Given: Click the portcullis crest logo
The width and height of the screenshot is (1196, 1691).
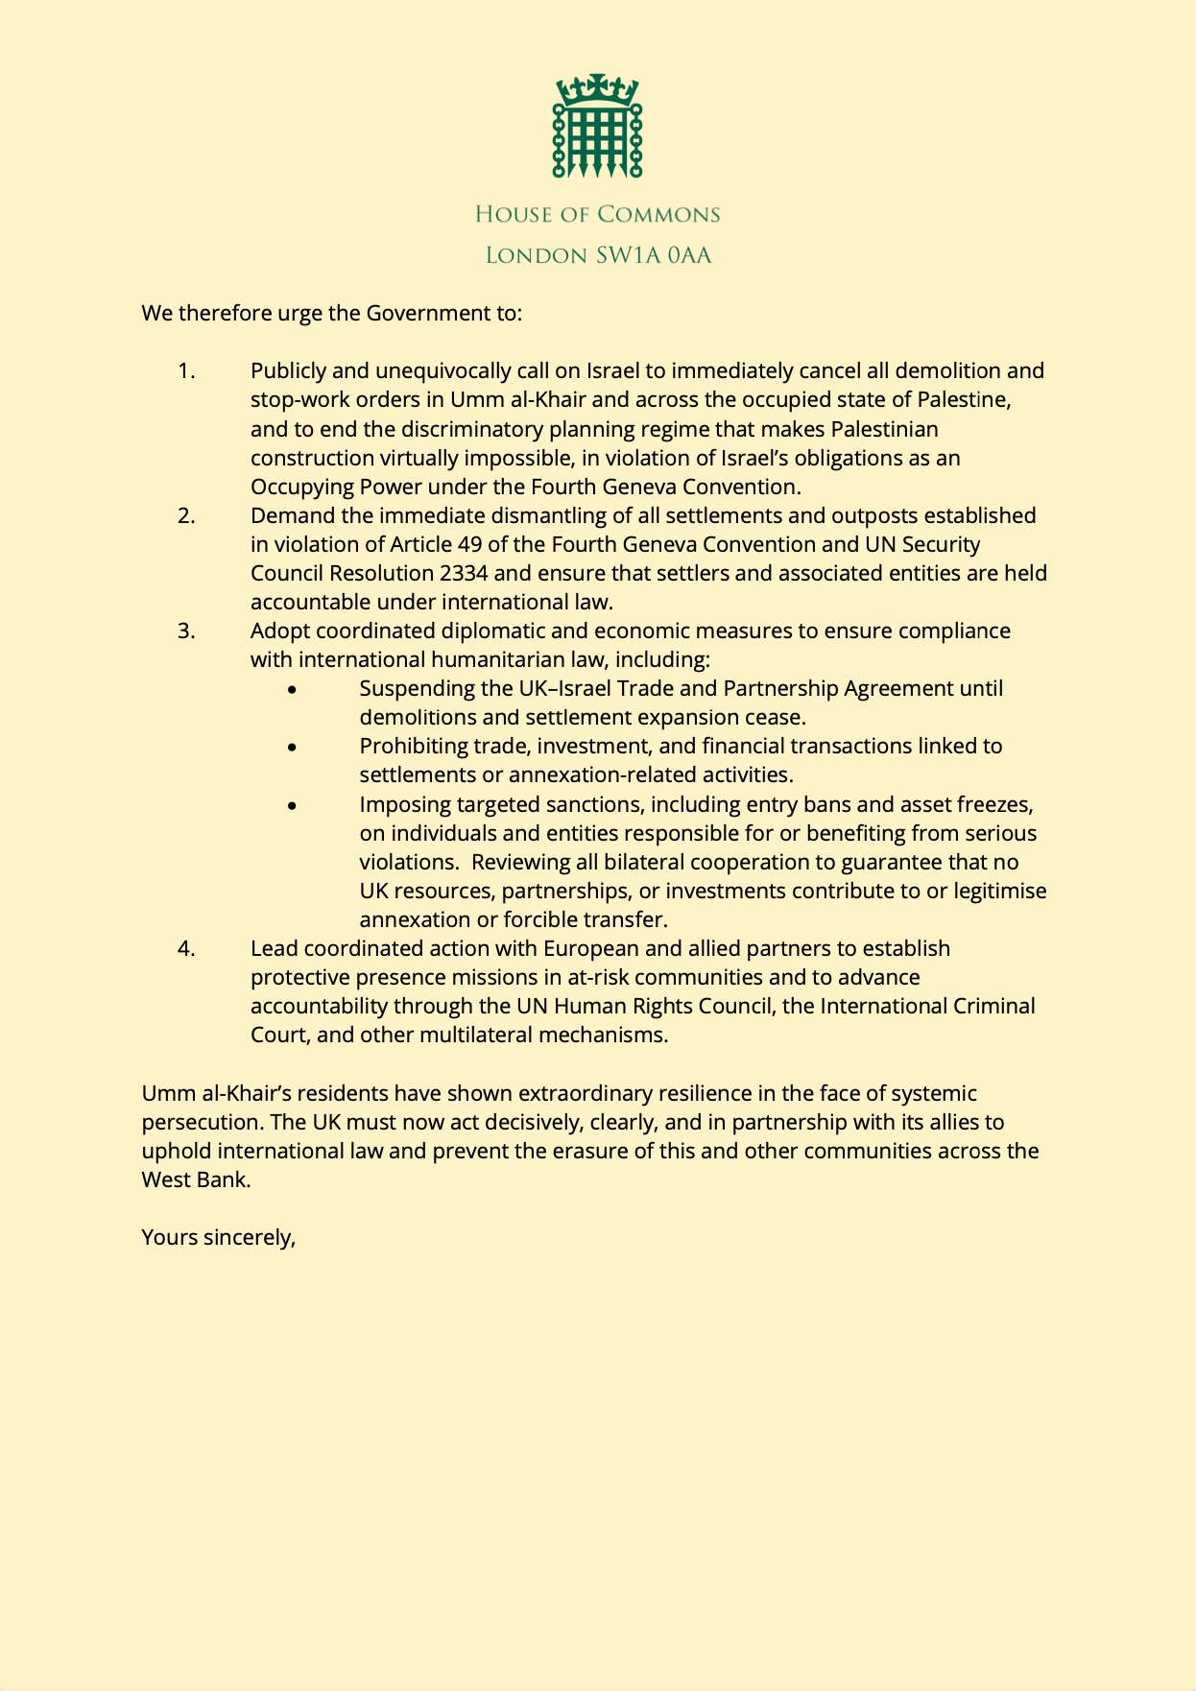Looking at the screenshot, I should [x=597, y=126].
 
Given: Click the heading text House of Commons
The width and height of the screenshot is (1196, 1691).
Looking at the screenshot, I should [x=597, y=214].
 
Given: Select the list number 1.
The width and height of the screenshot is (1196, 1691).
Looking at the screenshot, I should [x=186, y=370].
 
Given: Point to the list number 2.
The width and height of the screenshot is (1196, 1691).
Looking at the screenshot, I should [x=186, y=515].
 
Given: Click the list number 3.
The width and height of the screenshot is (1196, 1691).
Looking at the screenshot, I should [x=186, y=631].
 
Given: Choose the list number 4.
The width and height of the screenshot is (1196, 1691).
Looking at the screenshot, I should [x=186, y=948].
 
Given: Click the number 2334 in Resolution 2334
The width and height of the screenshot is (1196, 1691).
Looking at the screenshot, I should [x=463, y=573].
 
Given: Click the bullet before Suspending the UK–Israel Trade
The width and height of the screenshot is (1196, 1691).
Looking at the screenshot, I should [x=293, y=689].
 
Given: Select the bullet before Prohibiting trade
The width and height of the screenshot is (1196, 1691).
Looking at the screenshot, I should [x=293, y=747].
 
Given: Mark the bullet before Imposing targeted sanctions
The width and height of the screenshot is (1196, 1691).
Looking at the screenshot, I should [x=293, y=805].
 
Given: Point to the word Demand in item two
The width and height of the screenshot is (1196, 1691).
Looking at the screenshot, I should [x=284, y=515].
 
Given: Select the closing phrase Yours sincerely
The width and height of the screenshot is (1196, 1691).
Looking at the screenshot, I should [x=218, y=1237].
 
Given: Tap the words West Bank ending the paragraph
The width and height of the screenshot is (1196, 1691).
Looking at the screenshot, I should [x=195, y=1179].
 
